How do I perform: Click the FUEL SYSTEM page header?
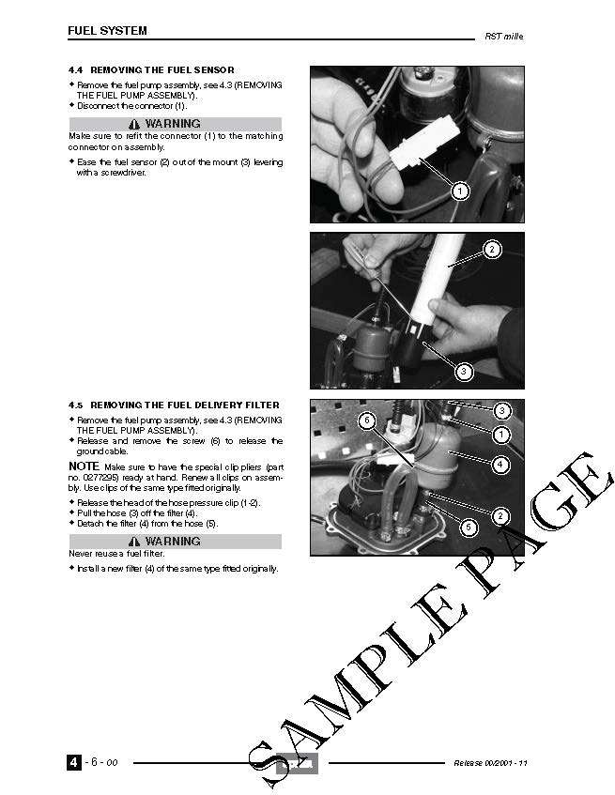click(107, 30)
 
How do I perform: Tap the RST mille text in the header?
click(504, 37)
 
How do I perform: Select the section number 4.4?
click(75, 70)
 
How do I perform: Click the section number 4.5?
click(75, 405)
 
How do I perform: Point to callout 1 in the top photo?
click(460, 191)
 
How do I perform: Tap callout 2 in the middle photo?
click(491, 250)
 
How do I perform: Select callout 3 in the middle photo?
click(464, 372)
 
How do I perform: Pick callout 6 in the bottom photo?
click(367, 420)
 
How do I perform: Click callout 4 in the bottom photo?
click(500, 464)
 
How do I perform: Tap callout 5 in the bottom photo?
click(469, 527)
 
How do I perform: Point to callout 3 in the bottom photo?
click(502, 410)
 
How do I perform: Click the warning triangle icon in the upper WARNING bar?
click(134, 124)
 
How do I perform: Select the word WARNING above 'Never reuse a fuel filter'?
click(173, 541)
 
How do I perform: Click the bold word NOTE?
click(84, 466)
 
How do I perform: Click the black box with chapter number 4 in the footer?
click(74, 762)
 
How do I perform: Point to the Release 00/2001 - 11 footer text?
click(490, 763)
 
